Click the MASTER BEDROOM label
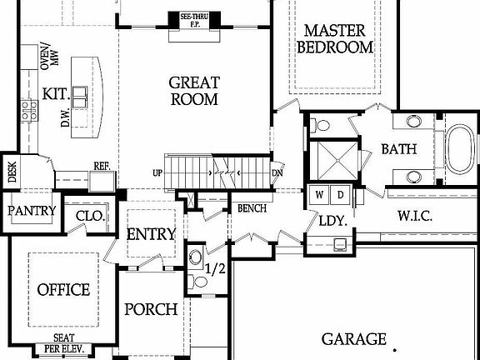pos(335,38)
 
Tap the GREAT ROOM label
pos(193,91)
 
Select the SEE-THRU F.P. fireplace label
pos(193,17)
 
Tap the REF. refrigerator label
pos(102,166)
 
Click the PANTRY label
pos(32,211)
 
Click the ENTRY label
pos(151,234)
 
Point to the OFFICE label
pos(63,290)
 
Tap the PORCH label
pos(151,310)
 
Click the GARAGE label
pos(354,339)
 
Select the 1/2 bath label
pos(215,270)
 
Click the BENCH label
pos(251,208)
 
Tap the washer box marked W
pos(319,195)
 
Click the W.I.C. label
pos(414,216)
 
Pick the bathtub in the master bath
pos(459,149)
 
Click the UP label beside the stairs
pos(157,173)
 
